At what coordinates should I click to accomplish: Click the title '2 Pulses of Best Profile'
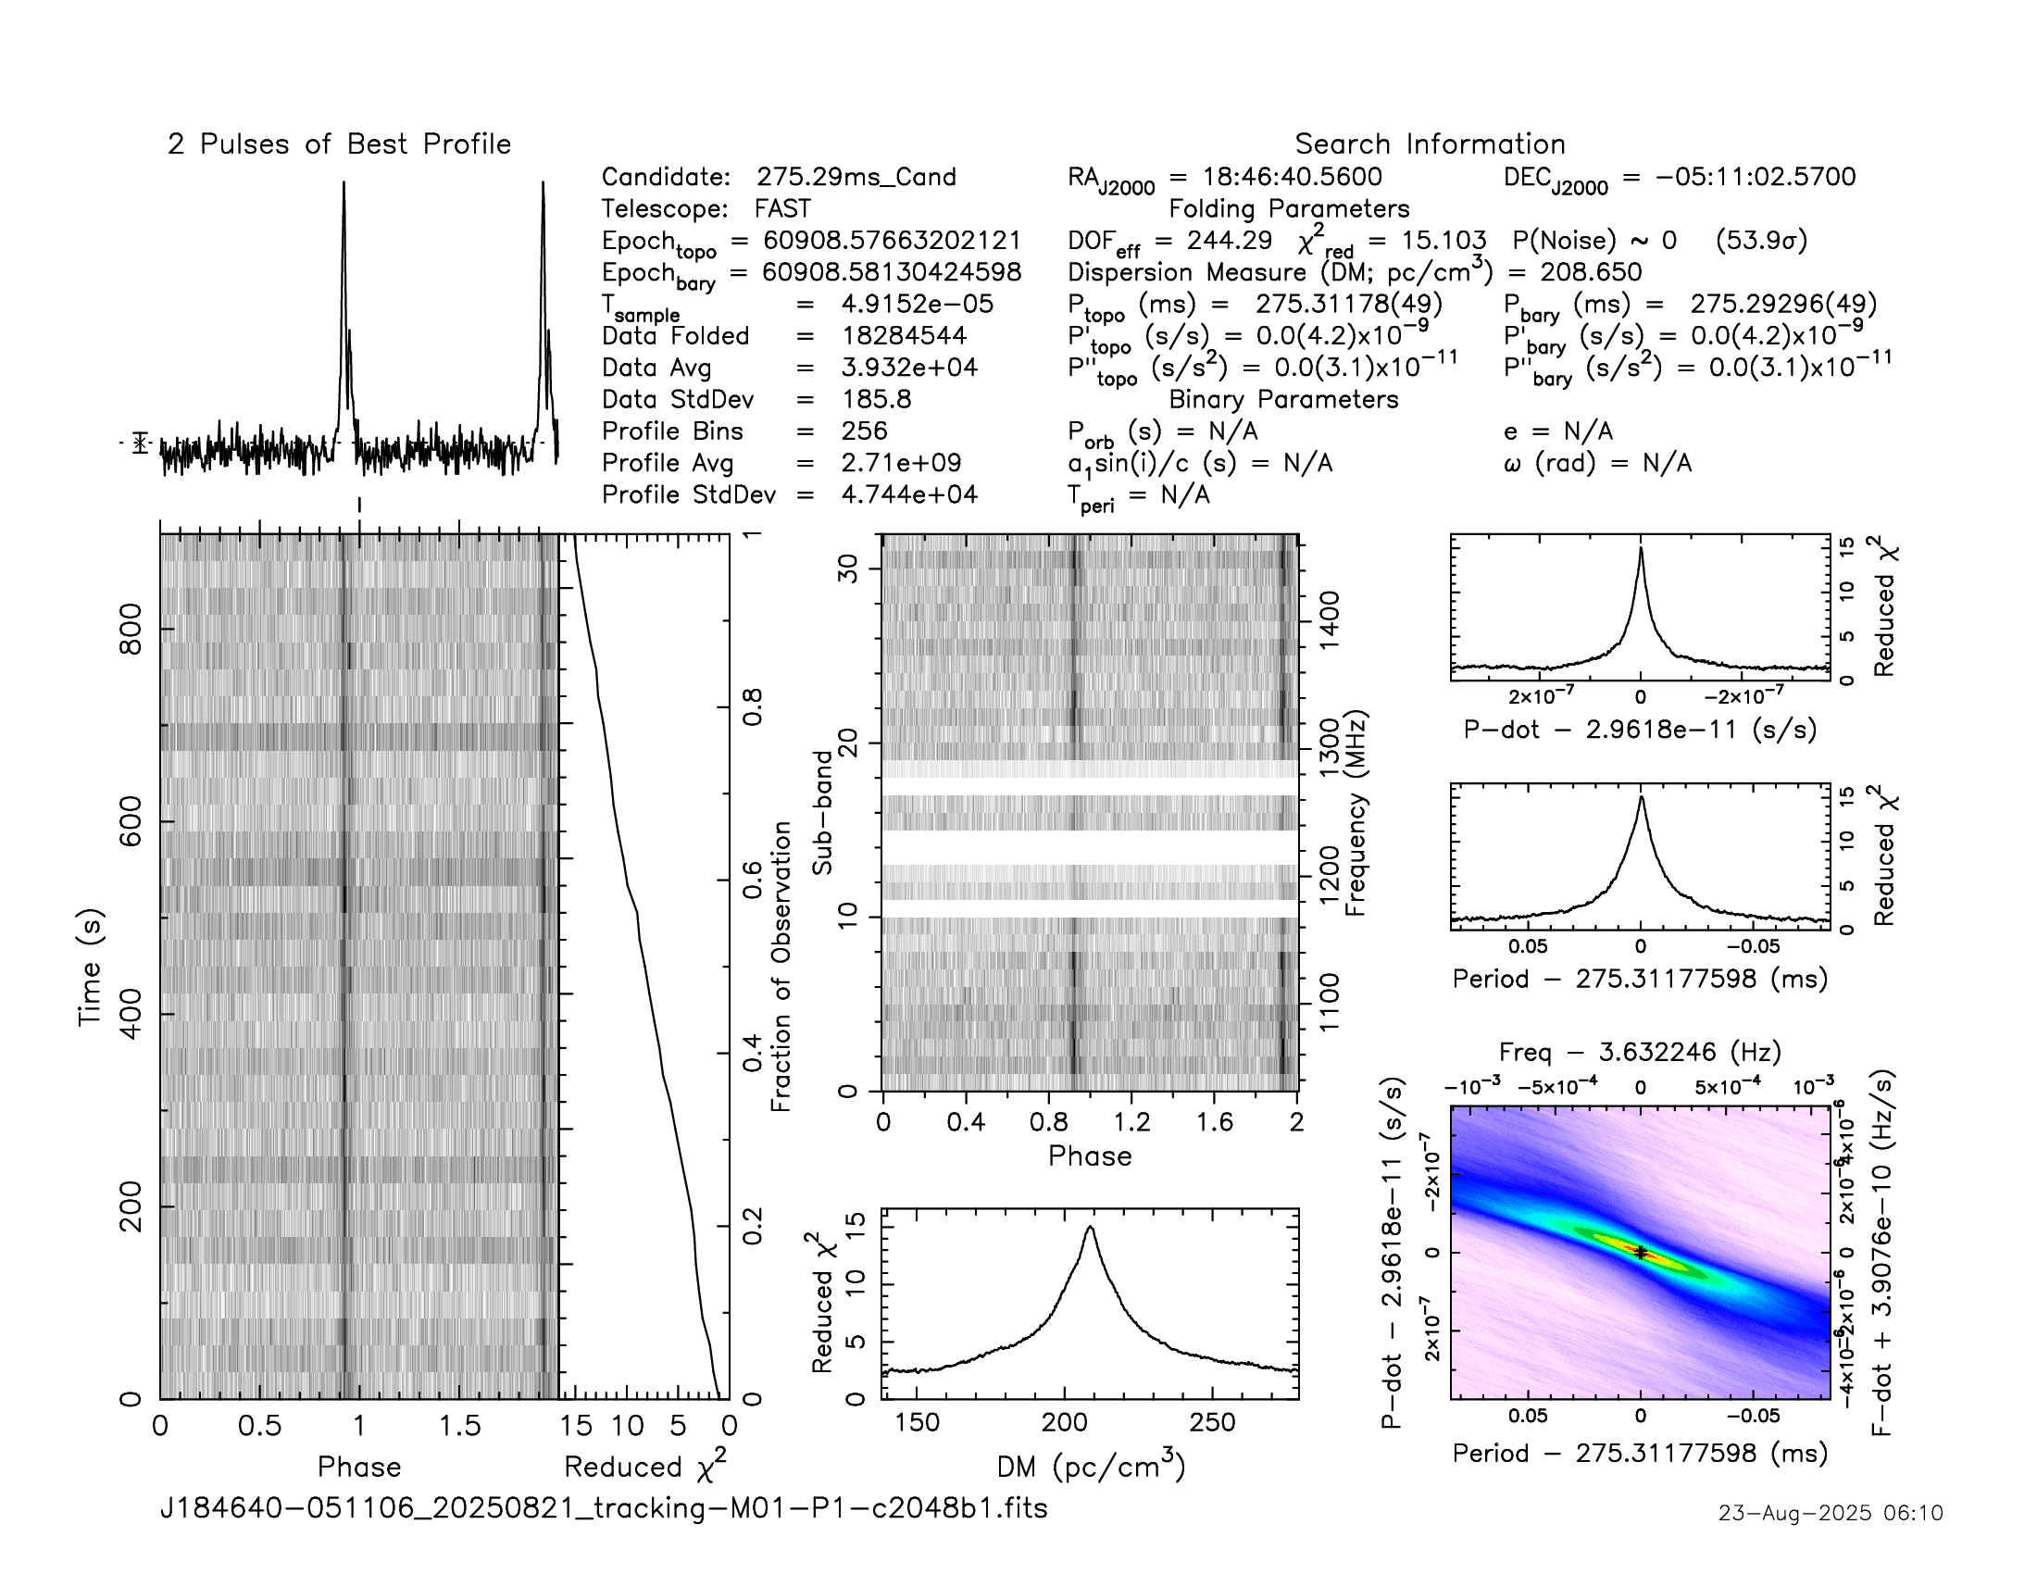(339, 144)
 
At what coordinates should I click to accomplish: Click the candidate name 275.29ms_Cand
(856, 177)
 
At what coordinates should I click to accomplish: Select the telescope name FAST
(782, 209)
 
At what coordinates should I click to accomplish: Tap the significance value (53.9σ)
(1761, 241)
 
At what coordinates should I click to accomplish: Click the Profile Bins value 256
(864, 431)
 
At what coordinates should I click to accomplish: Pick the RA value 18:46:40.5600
(1292, 177)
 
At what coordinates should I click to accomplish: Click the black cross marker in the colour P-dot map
(1641, 1254)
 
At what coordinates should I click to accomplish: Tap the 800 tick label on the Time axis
(131, 630)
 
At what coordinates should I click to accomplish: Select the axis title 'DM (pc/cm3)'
(1091, 1467)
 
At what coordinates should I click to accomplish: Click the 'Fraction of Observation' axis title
(781, 966)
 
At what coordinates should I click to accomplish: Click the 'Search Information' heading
(1429, 144)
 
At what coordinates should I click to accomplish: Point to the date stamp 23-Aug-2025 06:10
(1830, 1513)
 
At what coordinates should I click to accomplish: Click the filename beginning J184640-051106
(604, 1507)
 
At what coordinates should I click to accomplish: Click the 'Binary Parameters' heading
(1283, 399)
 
